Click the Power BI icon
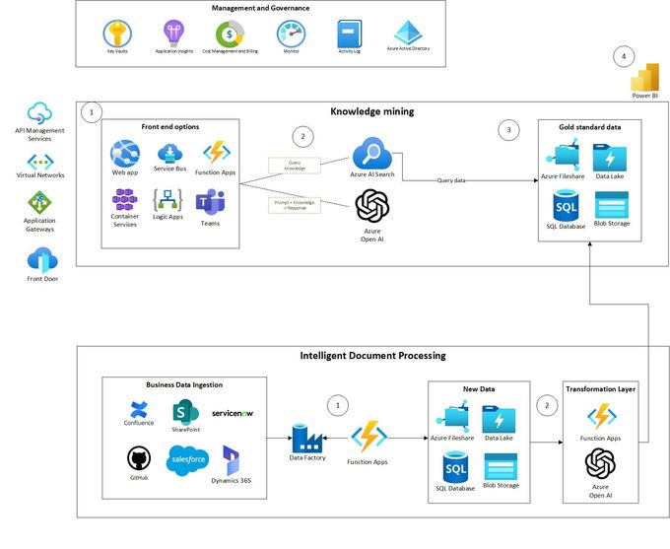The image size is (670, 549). pos(644,79)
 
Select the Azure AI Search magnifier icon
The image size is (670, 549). pos(372,154)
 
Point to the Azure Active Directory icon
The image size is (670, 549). pos(407,31)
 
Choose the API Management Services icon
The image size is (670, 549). pos(39,112)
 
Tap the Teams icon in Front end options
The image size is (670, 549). pos(209,204)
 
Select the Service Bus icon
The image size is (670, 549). pos(170,154)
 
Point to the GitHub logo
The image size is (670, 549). pos(139,458)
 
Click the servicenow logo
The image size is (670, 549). pos(233,413)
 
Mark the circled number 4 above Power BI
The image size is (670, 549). pos(624,57)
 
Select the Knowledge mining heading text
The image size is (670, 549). pos(371,112)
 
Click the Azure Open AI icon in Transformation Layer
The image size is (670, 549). pos(601,463)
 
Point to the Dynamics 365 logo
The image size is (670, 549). pos(232,460)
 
